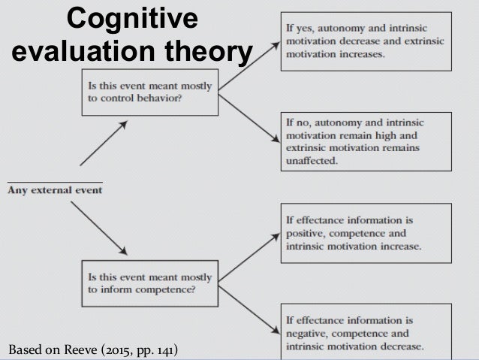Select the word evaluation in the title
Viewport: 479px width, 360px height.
pos(70,54)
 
